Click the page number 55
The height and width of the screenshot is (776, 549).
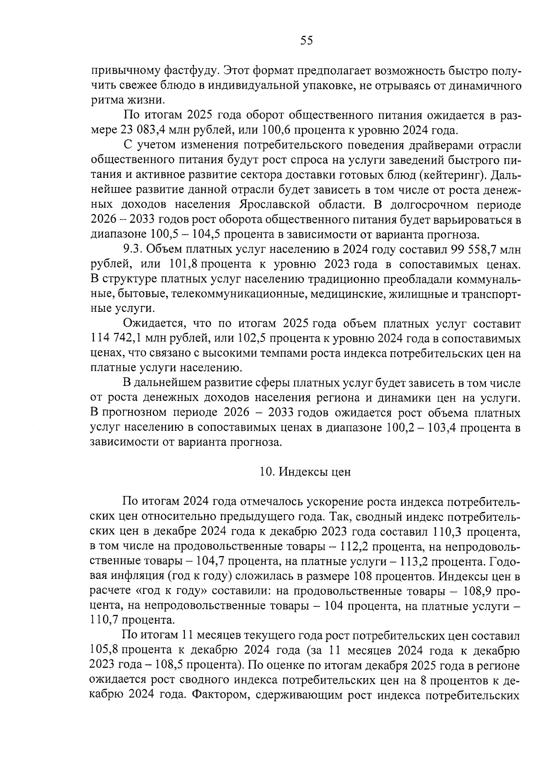coord(307,41)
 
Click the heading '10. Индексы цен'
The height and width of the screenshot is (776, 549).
coord(305,472)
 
